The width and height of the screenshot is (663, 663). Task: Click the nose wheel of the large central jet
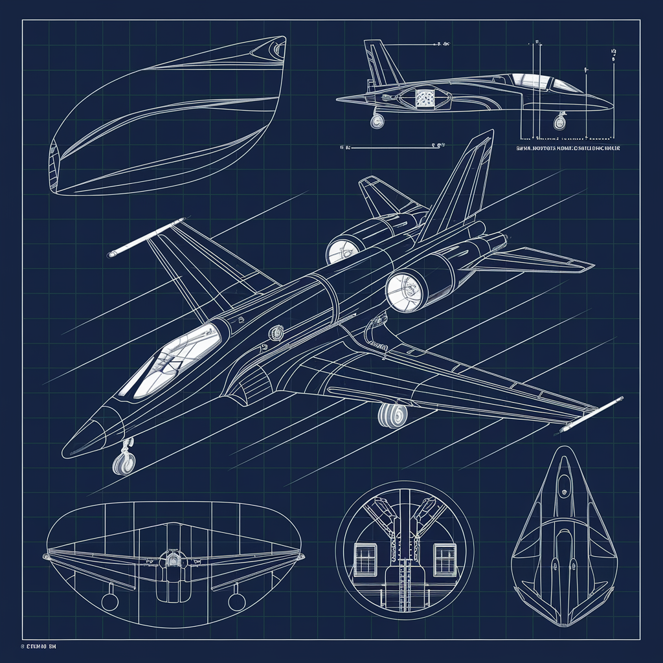124,463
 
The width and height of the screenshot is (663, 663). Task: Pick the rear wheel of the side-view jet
377,120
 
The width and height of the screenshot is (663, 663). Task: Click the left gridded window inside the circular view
366,558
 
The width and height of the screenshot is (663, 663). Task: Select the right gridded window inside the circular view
445,558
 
